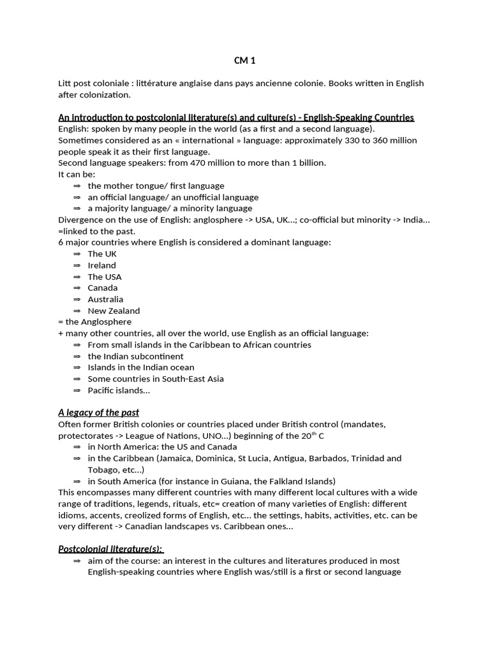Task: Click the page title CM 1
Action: (244, 61)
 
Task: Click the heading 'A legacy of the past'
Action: (98, 413)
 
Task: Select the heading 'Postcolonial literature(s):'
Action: (110, 549)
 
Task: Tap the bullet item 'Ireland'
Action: (102, 265)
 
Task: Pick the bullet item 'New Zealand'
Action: (114, 311)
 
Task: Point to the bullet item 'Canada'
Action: (103, 288)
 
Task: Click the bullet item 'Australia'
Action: (105, 299)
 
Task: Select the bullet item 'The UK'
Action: (102, 254)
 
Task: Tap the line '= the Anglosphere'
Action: (94, 322)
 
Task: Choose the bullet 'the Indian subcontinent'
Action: (135, 356)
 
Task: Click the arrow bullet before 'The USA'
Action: (77, 277)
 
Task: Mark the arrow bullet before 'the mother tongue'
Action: (77, 186)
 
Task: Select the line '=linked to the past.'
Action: (96, 231)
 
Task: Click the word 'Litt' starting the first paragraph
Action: (65, 84)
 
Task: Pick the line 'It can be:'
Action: (77, 174)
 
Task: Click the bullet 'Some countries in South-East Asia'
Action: (156, 379)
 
